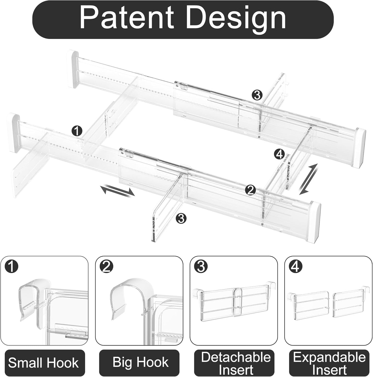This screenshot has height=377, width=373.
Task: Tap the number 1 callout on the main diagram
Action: pos(77,131)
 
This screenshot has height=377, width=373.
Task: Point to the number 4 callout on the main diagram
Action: pos(280,155)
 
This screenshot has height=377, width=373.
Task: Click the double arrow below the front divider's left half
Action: pos(117,190)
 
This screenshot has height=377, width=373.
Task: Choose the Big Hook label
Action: pos(140,362)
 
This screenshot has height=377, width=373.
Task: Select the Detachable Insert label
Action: pos(236,363)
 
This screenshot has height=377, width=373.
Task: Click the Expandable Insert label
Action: pos(329,363)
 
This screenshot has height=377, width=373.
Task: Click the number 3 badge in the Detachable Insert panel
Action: pos(201,266)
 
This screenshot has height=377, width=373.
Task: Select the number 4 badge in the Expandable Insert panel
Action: pos(296,266)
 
